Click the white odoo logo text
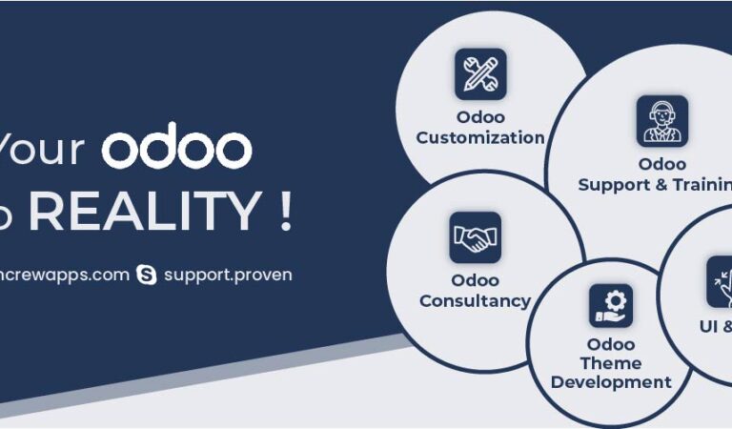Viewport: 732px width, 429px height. pos(177,150)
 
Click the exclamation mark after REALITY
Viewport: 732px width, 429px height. pos(285,213)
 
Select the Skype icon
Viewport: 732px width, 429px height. pos(146,276)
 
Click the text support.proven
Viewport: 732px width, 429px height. pos(228,275)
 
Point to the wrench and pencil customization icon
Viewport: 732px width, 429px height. pos(480,74)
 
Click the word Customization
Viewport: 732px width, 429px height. pos(480,137)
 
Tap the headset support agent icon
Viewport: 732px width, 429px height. pos(661,121)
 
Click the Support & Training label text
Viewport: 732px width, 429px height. pos(655,185)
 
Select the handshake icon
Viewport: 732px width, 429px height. pos(475,237)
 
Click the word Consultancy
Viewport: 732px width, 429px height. pos(475,301)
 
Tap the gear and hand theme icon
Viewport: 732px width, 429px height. pos(610,305)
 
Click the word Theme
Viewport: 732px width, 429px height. pos(611,363)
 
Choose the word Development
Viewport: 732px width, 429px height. pos(611,382)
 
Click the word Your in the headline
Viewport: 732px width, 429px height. pos(42,150)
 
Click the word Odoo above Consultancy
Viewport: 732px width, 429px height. pos(475,280)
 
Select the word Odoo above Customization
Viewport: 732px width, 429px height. pos(480,117)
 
